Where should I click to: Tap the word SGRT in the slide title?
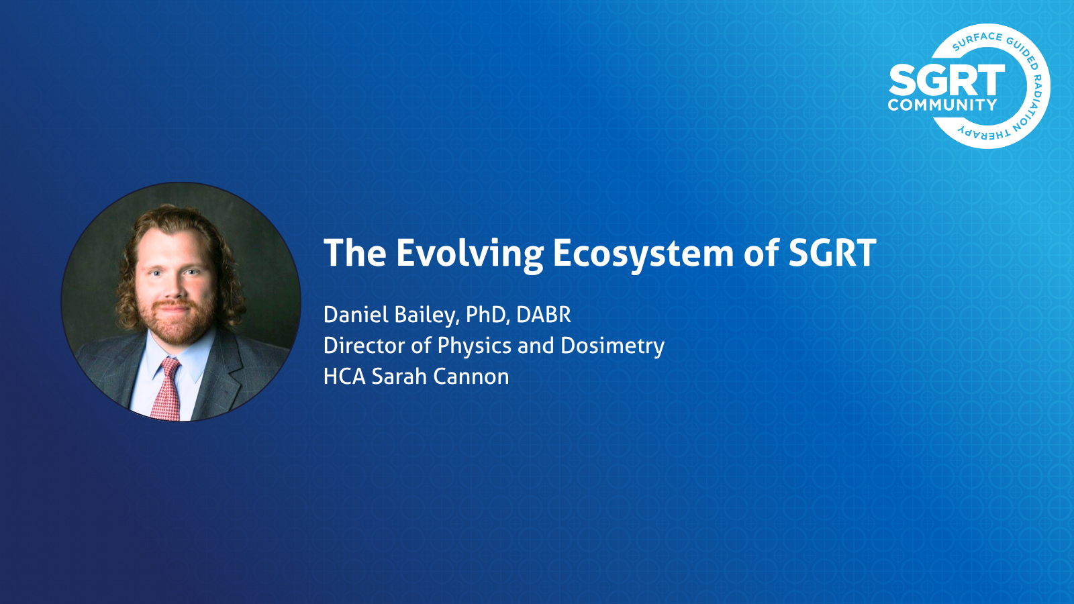832,252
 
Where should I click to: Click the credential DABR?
544,315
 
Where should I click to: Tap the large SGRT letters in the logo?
946,81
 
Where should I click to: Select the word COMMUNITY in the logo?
942,105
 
